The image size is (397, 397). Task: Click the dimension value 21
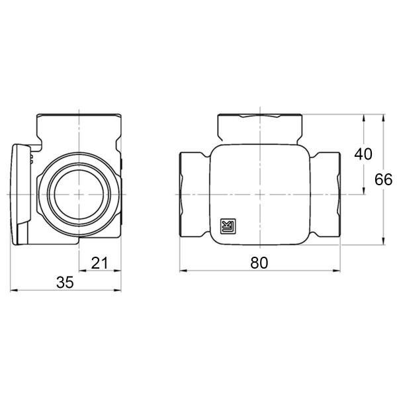99,263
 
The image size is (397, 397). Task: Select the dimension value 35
64,283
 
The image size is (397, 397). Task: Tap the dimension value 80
259,263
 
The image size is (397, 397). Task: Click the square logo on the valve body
227,227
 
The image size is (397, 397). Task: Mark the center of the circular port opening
79,194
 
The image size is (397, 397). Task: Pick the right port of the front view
327,194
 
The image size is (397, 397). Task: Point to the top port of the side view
79,126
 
